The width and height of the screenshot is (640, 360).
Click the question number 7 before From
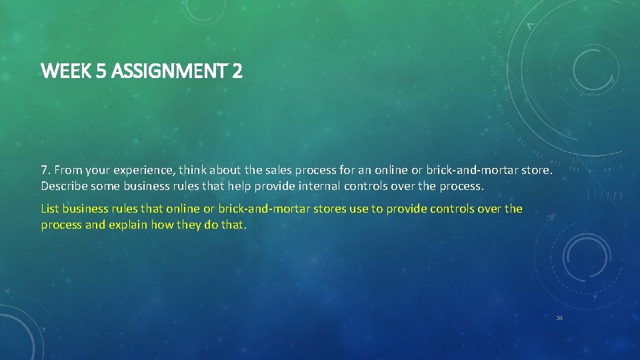pos(45,171)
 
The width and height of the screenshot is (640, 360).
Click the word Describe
pos(64,185)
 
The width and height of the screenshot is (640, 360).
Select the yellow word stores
pos(330,209)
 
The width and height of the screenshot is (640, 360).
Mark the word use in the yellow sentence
pos(359,209)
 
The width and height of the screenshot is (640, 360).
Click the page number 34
pos(559,318)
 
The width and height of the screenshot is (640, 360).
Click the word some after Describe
pos(105,185)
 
